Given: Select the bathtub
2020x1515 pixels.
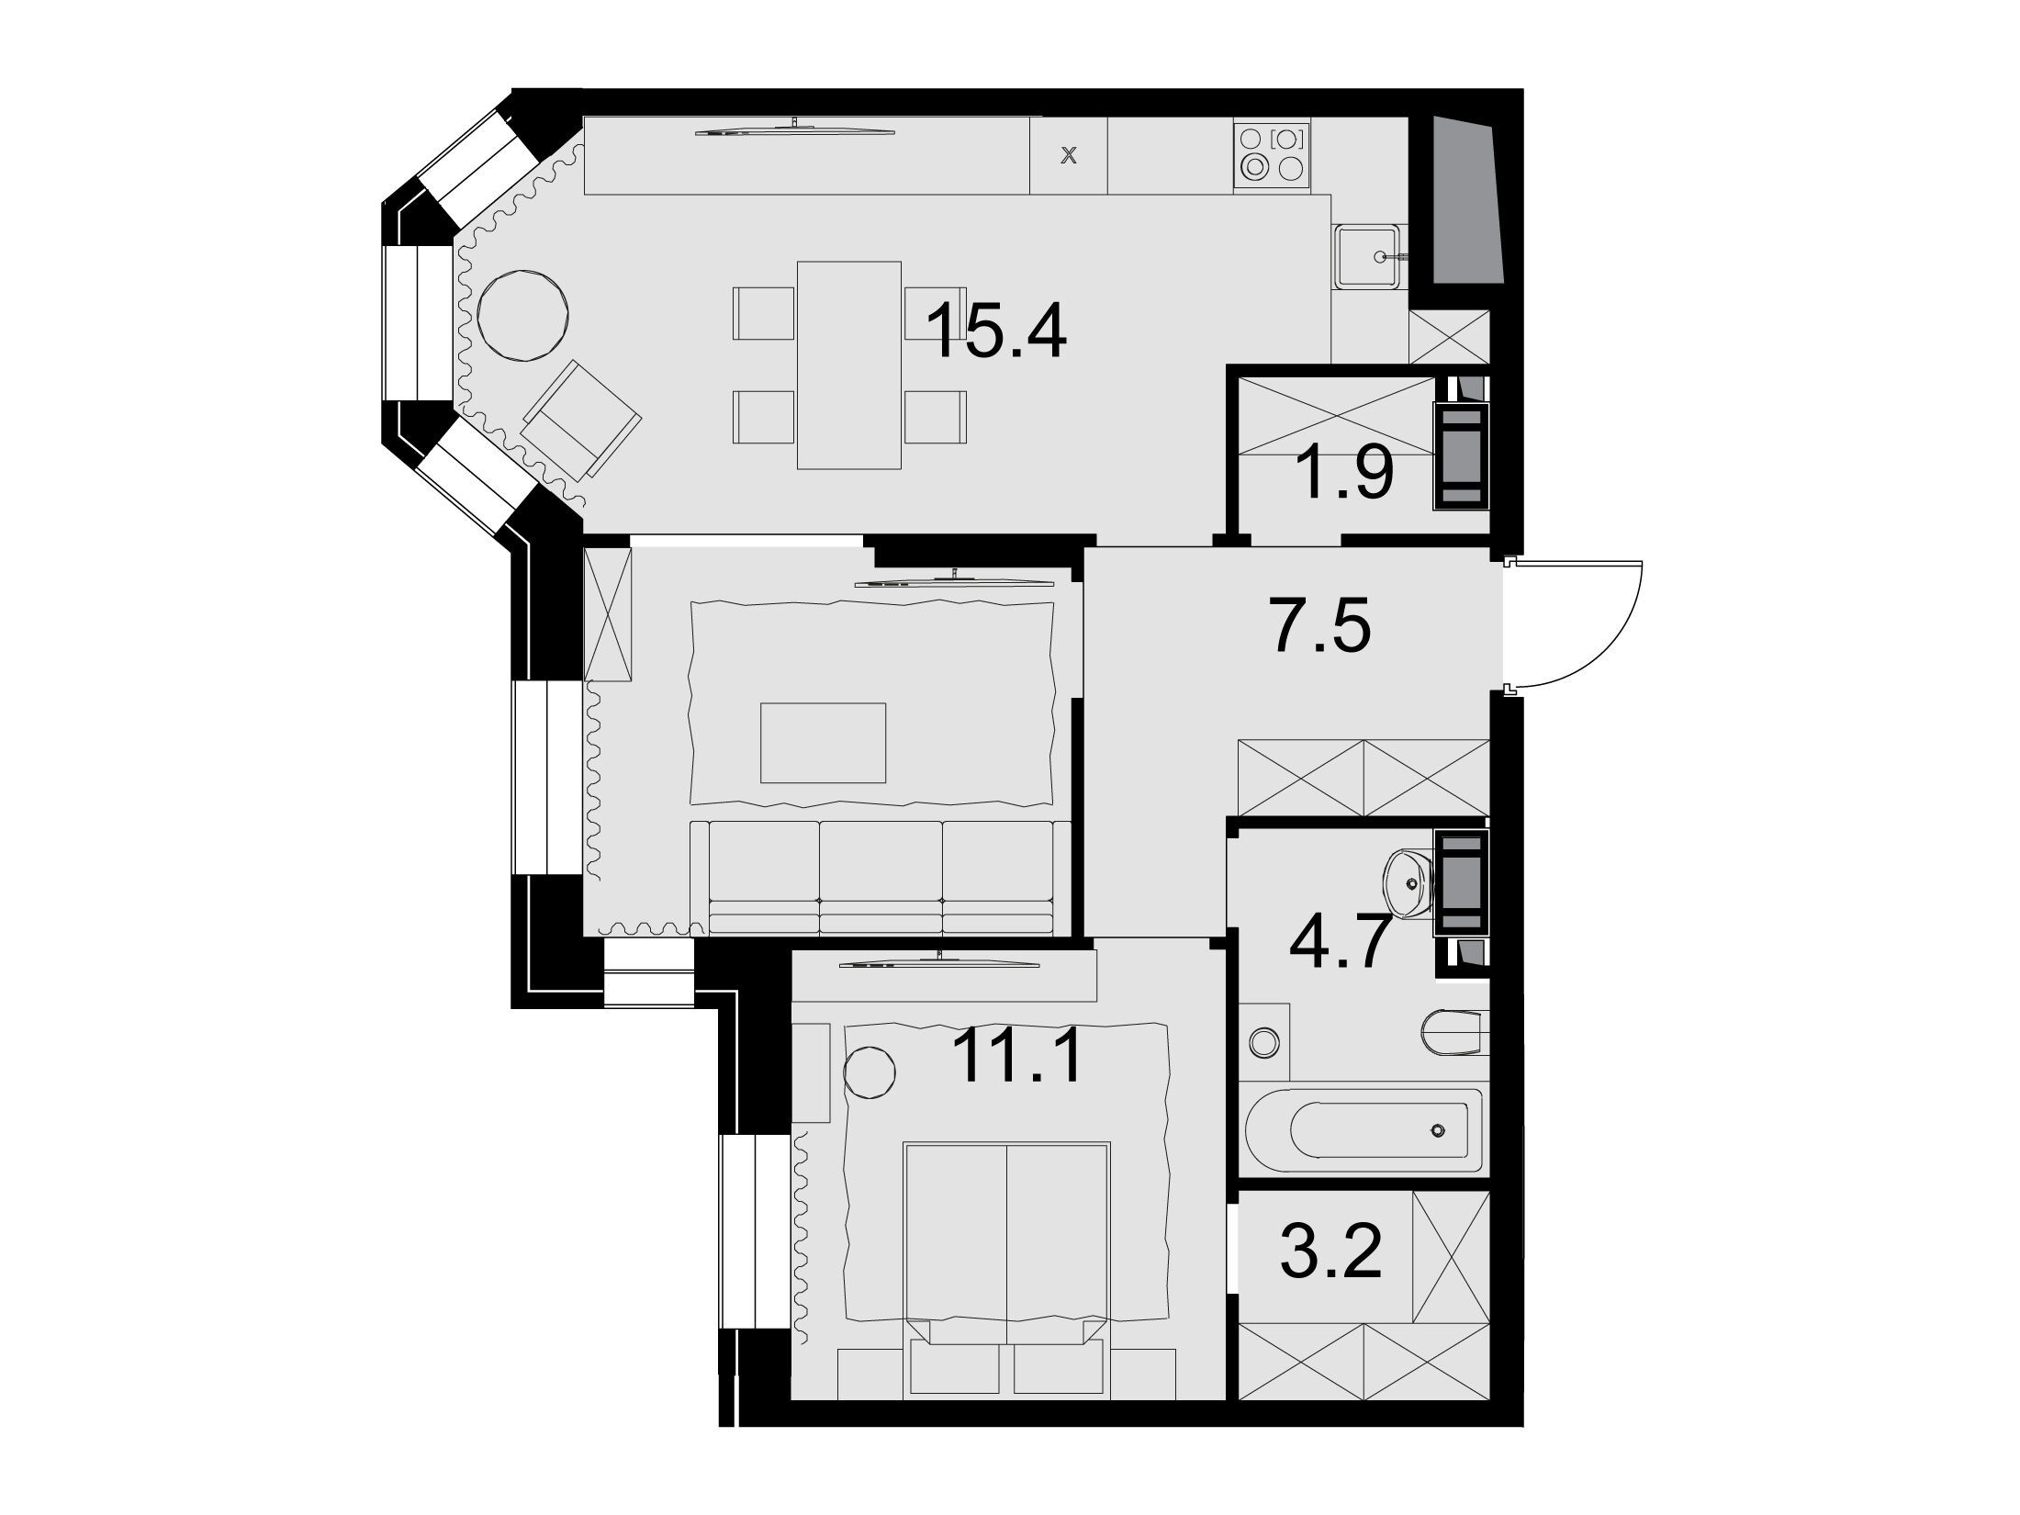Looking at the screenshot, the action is (x=1363, y=1129).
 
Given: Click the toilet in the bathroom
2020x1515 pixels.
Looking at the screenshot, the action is (x=1453, y=1032).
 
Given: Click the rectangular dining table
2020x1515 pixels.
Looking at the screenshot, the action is (x=849, y=365).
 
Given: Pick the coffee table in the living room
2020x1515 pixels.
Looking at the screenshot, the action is (x=823, y=743).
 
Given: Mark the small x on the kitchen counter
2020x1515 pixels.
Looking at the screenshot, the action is (x=1068, y=156).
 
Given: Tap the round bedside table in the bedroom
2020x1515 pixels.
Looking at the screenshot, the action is (x=869, y=1072).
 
